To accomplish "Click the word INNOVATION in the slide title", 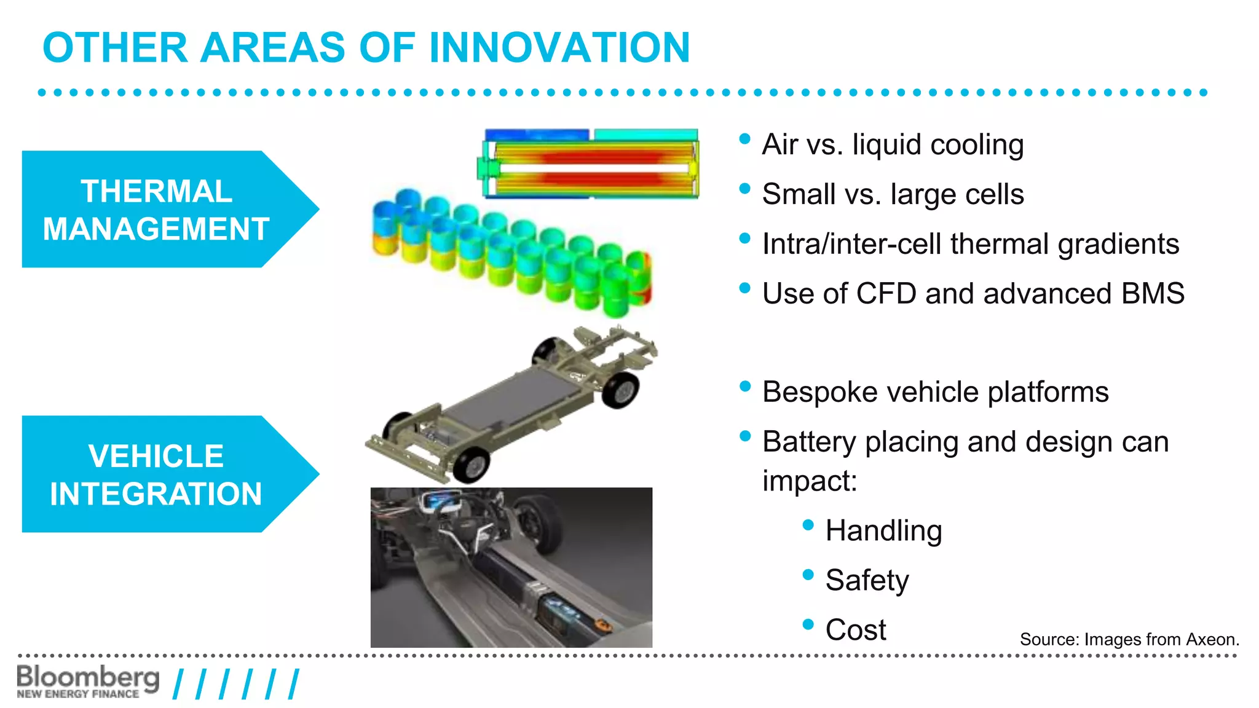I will [559, 48].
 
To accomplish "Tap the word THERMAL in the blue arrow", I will [156, 191].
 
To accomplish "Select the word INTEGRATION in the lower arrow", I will [156, 494].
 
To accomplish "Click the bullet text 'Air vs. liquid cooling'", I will [893, 145].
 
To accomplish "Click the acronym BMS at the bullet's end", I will [1153, 294].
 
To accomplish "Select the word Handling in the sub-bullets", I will [883, 531].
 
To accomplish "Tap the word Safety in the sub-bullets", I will [867, 581].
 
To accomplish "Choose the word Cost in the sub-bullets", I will [855, 630].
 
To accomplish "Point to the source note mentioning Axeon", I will [1129, 640].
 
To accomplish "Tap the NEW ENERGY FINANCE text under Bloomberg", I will [78, 694].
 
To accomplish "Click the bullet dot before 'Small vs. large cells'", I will [744, 189].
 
